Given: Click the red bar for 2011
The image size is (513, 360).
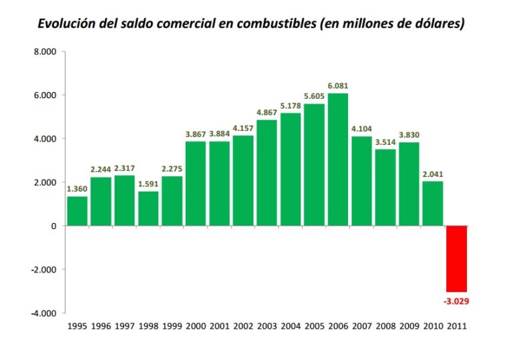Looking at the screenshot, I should click(x=457, y=258).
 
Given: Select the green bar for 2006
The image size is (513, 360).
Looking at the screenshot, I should click(x=338, y=160).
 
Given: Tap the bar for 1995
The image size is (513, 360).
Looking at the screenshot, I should click(x=77, y=211).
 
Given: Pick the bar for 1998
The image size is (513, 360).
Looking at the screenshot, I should click(x=148, y=208).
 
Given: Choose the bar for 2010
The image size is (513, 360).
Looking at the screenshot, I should click(x=433, y=204).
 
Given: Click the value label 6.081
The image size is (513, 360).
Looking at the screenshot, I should click(x=338, y=86).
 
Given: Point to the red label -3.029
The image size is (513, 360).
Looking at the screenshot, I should click(x=457, y=301).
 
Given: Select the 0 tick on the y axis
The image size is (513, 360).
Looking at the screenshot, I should click(x=53, y=226).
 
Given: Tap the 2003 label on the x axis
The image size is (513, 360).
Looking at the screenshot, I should click(x=267, y=327).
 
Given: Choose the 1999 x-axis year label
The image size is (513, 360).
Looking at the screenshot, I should click(x=172, y=327).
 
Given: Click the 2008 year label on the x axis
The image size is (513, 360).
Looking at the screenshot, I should click(x=385, y=327).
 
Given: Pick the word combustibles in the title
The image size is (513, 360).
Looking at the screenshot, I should click(x=277, y=23).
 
